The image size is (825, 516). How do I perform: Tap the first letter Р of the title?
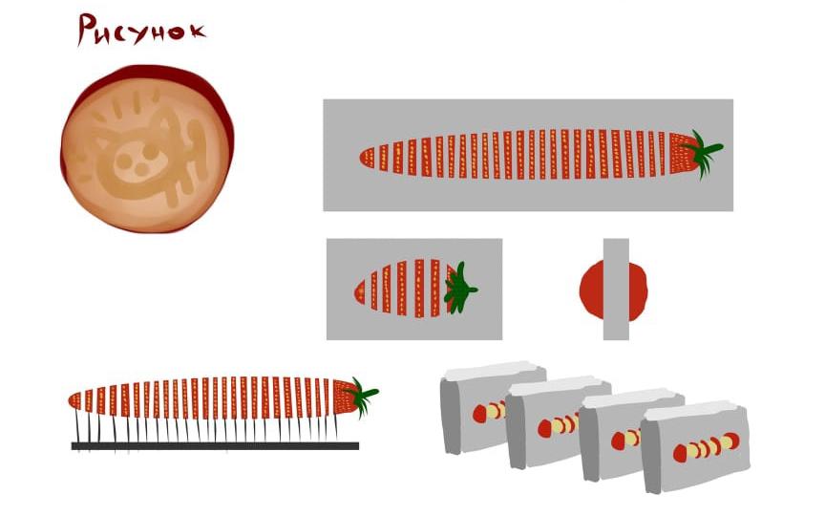point(87,30)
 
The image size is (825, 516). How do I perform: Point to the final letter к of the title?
point(197,32)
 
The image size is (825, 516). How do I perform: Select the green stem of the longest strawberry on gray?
point(705,152)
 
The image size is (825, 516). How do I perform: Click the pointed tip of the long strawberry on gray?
point(360,157)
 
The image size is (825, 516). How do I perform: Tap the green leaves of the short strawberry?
point(458,289)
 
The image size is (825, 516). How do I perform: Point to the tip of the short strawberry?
point(354,291)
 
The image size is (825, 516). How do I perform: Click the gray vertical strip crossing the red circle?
point(616,290)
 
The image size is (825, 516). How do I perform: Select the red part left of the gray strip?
point(591,290)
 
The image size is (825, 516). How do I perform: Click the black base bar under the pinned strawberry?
point(215,446)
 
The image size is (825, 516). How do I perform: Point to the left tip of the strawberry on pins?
point(70,400)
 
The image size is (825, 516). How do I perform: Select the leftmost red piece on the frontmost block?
point(680,453)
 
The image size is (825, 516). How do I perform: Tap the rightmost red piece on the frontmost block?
point(730,441)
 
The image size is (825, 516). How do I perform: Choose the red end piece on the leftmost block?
point(479,414)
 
